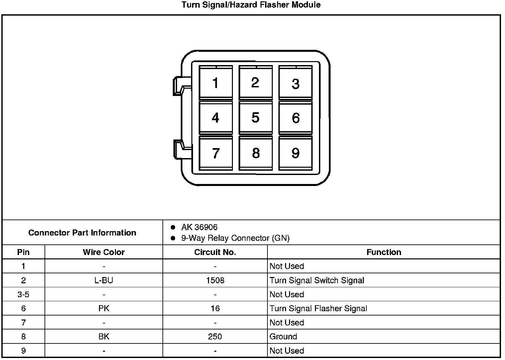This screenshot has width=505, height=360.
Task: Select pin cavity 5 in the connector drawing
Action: [x=255, y=118]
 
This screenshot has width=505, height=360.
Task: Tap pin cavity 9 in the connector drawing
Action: [x=295, y=153]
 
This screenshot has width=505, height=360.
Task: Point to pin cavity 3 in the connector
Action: [x=295, y=83]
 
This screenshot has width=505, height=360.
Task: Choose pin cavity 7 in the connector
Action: [x=216, y=153]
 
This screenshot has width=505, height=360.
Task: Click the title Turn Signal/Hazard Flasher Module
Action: [x=251, y=5]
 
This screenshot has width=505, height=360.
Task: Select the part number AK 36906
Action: [x=199, y=227]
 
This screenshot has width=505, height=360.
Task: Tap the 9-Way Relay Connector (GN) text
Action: [x=235, y=238]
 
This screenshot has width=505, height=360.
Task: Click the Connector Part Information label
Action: [x=82, y=232]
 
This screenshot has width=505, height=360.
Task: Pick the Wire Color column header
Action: [x=104, y=252]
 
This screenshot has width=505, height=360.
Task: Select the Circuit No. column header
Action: [x=215, y=252]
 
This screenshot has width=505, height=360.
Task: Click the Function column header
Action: [x=384, y=252]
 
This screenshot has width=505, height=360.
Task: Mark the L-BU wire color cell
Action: [x=104, y=280]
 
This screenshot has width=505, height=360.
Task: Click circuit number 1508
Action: [x=215, y=280]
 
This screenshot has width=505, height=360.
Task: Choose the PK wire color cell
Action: [x=104, y=309]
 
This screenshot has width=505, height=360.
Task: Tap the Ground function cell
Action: [x=283, y=336]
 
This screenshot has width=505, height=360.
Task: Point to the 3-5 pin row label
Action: [x=23, y=295]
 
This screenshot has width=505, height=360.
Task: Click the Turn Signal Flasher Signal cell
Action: [x=318, y=309]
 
